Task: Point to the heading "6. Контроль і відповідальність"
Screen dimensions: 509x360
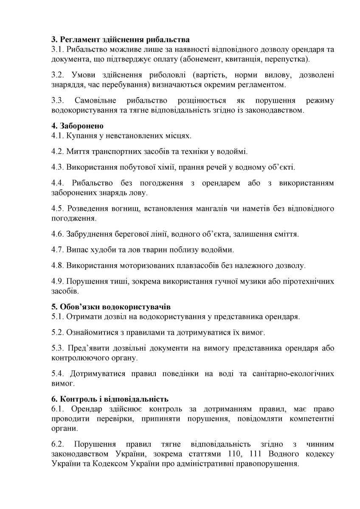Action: point(110,399)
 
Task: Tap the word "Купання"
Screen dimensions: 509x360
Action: point(80,136)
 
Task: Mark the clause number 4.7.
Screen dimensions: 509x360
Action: point(57,249)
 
